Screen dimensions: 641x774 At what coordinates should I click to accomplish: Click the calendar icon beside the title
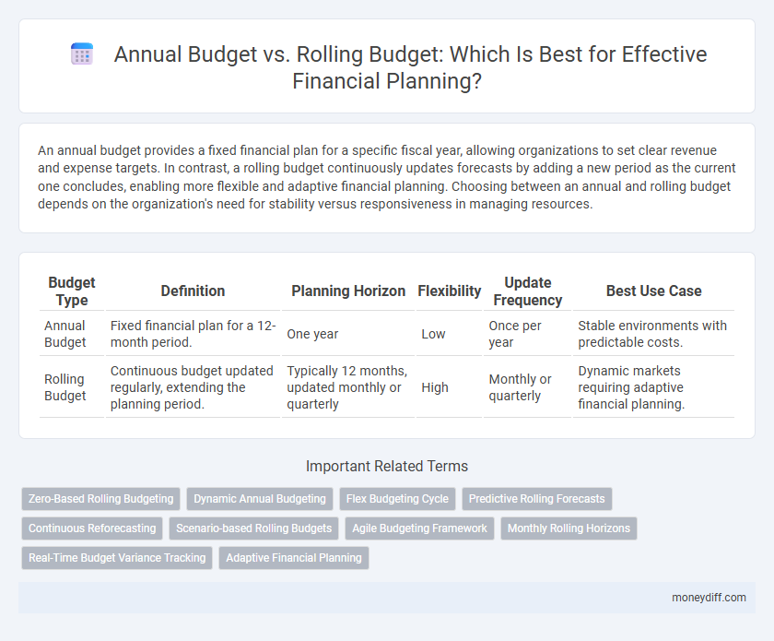[82, 54]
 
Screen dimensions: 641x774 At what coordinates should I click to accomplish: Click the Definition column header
[193, 291]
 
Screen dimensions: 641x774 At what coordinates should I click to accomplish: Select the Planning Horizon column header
[348, 291]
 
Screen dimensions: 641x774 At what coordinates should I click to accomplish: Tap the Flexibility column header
[450, 291]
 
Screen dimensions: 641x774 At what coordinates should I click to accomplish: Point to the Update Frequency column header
[527, 291]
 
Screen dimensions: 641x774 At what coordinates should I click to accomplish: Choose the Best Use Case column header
[652, 291]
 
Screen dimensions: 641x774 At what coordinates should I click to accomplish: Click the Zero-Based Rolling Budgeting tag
[101, 499]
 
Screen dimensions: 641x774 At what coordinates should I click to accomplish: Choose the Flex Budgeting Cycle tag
[398, 499]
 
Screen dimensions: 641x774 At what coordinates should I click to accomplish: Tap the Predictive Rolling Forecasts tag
[536, 499]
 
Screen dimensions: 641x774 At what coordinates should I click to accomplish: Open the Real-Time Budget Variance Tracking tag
[117, 558]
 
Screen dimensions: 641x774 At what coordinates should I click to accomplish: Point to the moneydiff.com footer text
[709, 597]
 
